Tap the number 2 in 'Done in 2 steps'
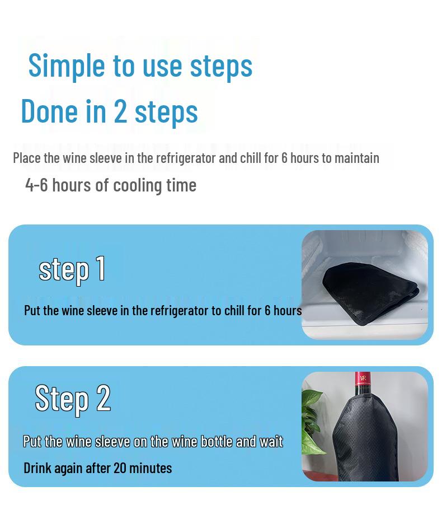tap(120, 111)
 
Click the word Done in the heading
tap(49, 111)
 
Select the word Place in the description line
tap(26, 158)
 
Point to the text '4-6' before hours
tap(36, 185)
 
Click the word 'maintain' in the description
tap(356, 158)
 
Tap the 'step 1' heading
tap(72, 269)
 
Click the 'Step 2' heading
tap(73, 398)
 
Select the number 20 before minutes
tap(120, 467)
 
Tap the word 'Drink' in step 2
tap(37, 467)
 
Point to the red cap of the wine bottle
tap(363, 379)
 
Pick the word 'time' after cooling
tap(182, 185)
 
